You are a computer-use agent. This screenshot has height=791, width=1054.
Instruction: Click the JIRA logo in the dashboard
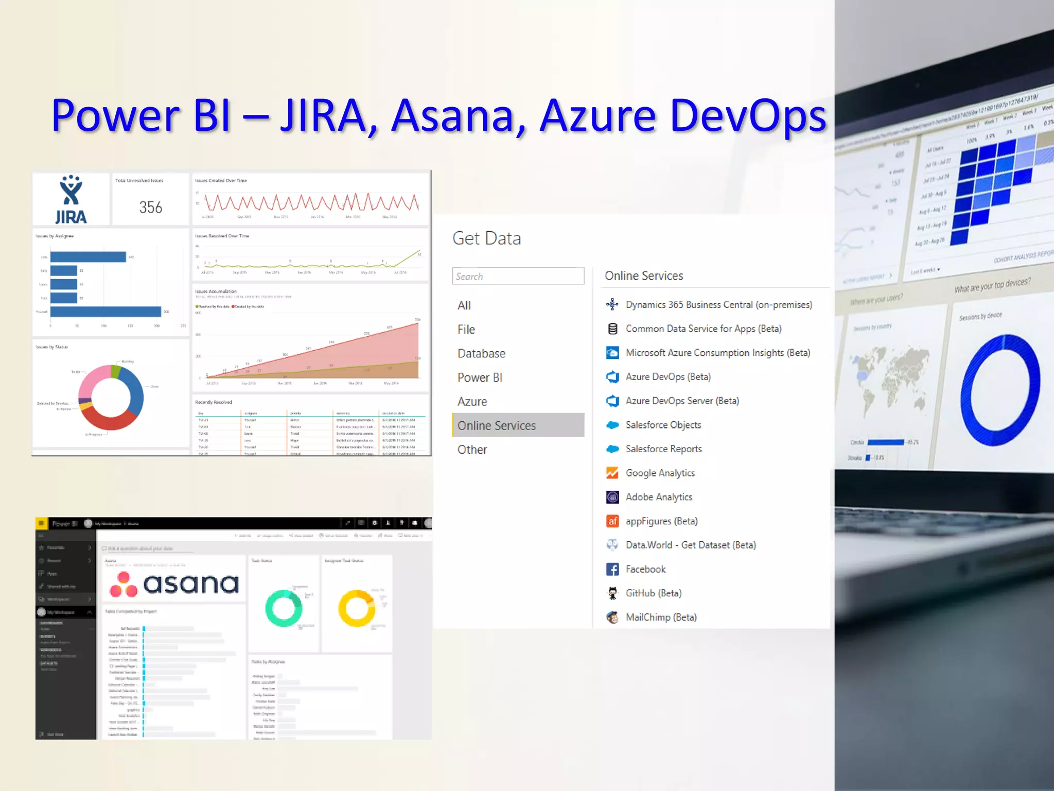point(71,200)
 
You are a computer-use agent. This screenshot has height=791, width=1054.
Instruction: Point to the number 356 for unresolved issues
point(150,208)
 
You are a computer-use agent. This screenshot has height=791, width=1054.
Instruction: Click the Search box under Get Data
point(518,276)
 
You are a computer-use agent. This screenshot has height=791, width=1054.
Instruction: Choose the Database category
point(481,353)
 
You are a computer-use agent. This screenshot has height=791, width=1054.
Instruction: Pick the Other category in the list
point(472,450)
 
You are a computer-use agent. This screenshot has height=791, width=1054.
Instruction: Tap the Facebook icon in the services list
point(612,569)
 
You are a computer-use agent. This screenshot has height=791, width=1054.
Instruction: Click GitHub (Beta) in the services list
point(653,593)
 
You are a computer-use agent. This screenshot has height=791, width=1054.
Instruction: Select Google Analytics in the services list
point(660,473)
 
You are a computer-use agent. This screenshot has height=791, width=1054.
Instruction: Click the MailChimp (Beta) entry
point(661,617)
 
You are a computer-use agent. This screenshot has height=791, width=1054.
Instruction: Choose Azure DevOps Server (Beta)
point(682,401)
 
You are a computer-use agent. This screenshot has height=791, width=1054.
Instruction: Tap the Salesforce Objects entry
point(663,425)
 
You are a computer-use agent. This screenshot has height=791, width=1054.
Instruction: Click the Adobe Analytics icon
point(612,497)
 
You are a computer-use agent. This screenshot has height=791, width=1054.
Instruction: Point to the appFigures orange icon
point(612,521)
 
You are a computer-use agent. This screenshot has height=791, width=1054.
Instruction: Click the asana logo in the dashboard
point(174,584)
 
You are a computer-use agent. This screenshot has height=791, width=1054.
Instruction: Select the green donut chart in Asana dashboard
point(284,608)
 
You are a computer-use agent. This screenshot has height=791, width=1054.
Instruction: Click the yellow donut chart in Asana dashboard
point(357,608)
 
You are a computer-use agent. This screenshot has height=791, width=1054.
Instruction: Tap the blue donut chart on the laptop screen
point(1000,390)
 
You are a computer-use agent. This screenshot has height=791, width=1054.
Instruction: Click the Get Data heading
point(486,238)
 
